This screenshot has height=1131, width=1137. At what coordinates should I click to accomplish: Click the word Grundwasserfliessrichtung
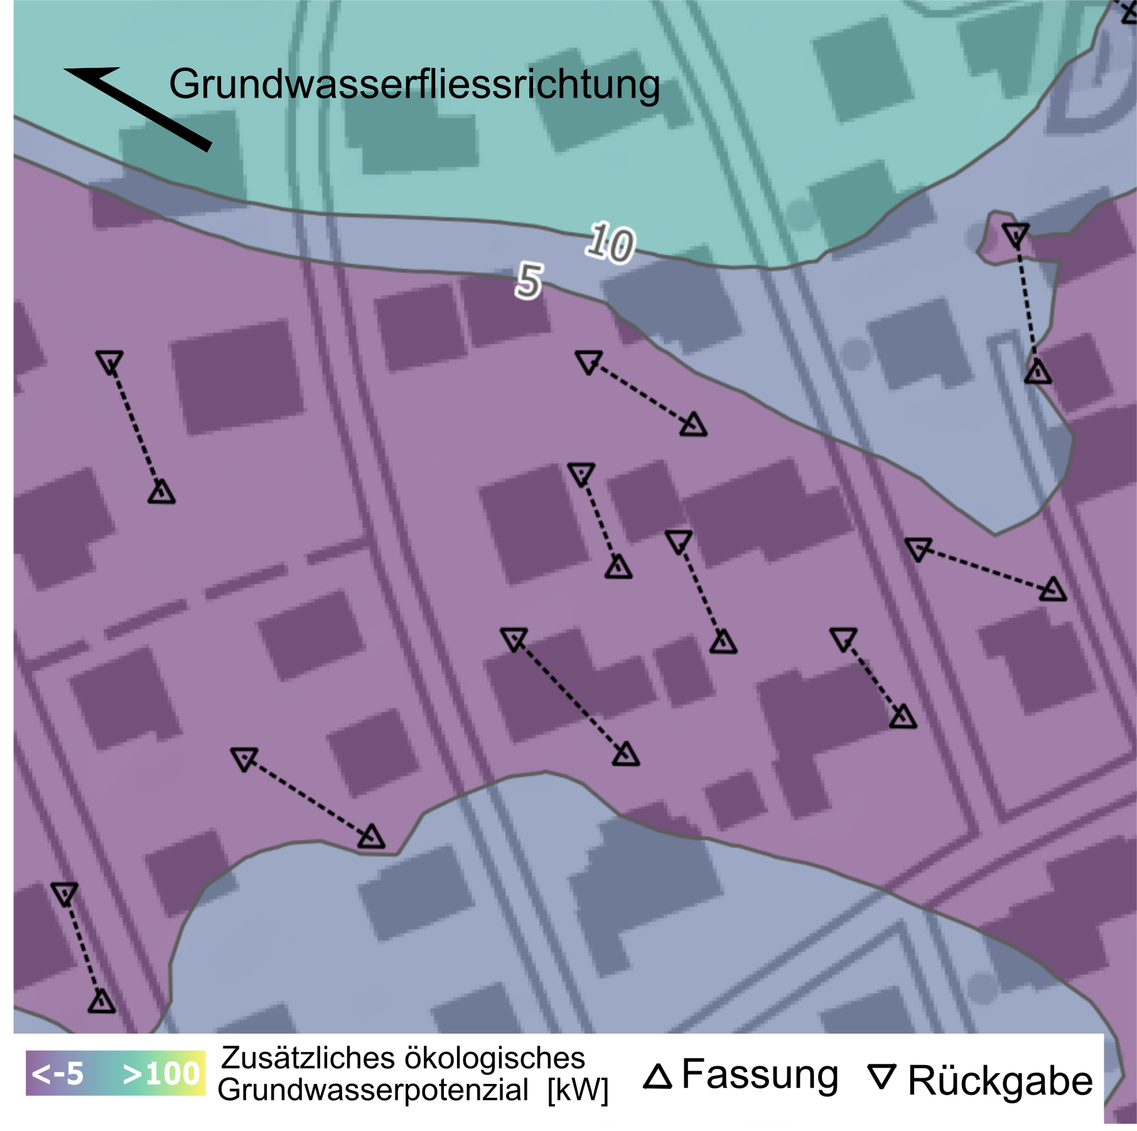click(414, 84)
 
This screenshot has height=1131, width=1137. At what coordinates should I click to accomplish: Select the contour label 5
click(529, 281)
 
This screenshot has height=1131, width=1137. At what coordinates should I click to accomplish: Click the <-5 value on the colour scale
click(58, 1074)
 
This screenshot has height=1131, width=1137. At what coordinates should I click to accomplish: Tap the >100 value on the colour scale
click(162, 1074)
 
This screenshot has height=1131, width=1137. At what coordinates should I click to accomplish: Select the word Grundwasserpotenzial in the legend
click(373, 1090)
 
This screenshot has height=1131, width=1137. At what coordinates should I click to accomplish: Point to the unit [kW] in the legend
click(578, 1090)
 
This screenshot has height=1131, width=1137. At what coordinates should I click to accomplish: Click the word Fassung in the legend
click(760, 1074)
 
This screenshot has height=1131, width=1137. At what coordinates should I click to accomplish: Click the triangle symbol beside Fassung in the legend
click(657, 1076)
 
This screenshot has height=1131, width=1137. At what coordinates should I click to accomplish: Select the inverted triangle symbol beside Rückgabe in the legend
click(881, 1076)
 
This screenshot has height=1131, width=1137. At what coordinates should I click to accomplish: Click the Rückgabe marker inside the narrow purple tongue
click(1015, 234)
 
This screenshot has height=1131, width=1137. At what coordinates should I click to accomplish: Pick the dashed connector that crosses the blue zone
click(1027, 305)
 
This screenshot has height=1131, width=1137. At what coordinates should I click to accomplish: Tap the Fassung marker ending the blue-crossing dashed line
click(1038, 372)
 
